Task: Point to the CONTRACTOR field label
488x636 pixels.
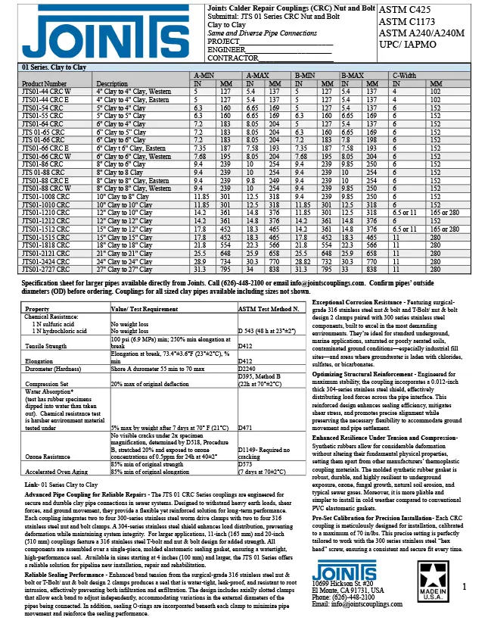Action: click(231, 58)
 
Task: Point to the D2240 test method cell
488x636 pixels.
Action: click(247, 390)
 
